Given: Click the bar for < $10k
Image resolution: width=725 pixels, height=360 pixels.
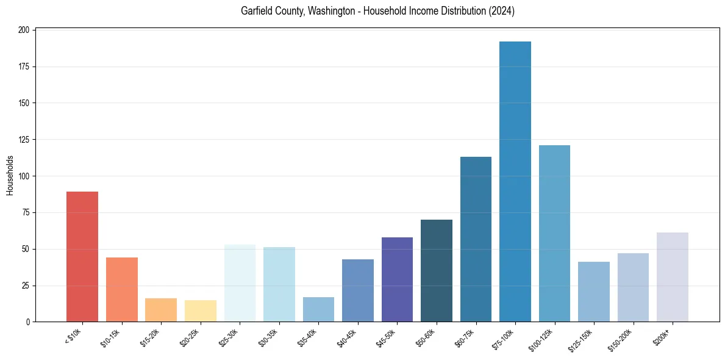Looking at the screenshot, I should coord(82,256).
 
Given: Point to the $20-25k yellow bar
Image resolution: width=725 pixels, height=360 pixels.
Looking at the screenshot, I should coord(201,311).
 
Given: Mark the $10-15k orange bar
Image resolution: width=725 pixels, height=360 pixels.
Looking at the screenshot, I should coord(122,289).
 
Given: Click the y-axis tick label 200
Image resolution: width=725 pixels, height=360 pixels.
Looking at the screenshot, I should coord(24,30).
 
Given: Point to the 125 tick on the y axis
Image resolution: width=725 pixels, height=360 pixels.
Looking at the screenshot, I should coord(24,140).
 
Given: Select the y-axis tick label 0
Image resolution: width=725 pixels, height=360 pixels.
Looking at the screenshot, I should coord(27,322).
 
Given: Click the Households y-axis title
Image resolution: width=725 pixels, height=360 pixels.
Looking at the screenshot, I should coord(10,176).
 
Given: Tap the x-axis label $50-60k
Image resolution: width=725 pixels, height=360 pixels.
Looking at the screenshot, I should coord(425,336).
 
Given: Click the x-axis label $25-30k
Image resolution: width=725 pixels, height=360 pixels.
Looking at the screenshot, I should coord(228,336).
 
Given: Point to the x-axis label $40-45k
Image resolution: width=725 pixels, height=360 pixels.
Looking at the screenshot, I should coord(346,336).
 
